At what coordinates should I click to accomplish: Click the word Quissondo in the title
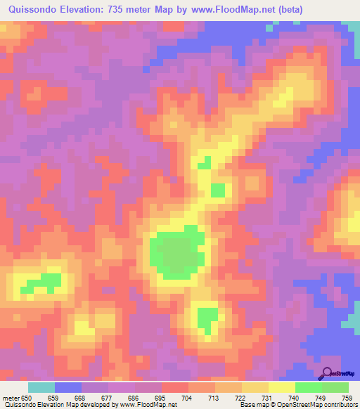36,10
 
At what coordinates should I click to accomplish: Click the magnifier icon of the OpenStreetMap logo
328,374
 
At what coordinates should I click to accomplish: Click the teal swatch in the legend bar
41,387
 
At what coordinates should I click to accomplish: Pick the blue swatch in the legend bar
68,387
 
